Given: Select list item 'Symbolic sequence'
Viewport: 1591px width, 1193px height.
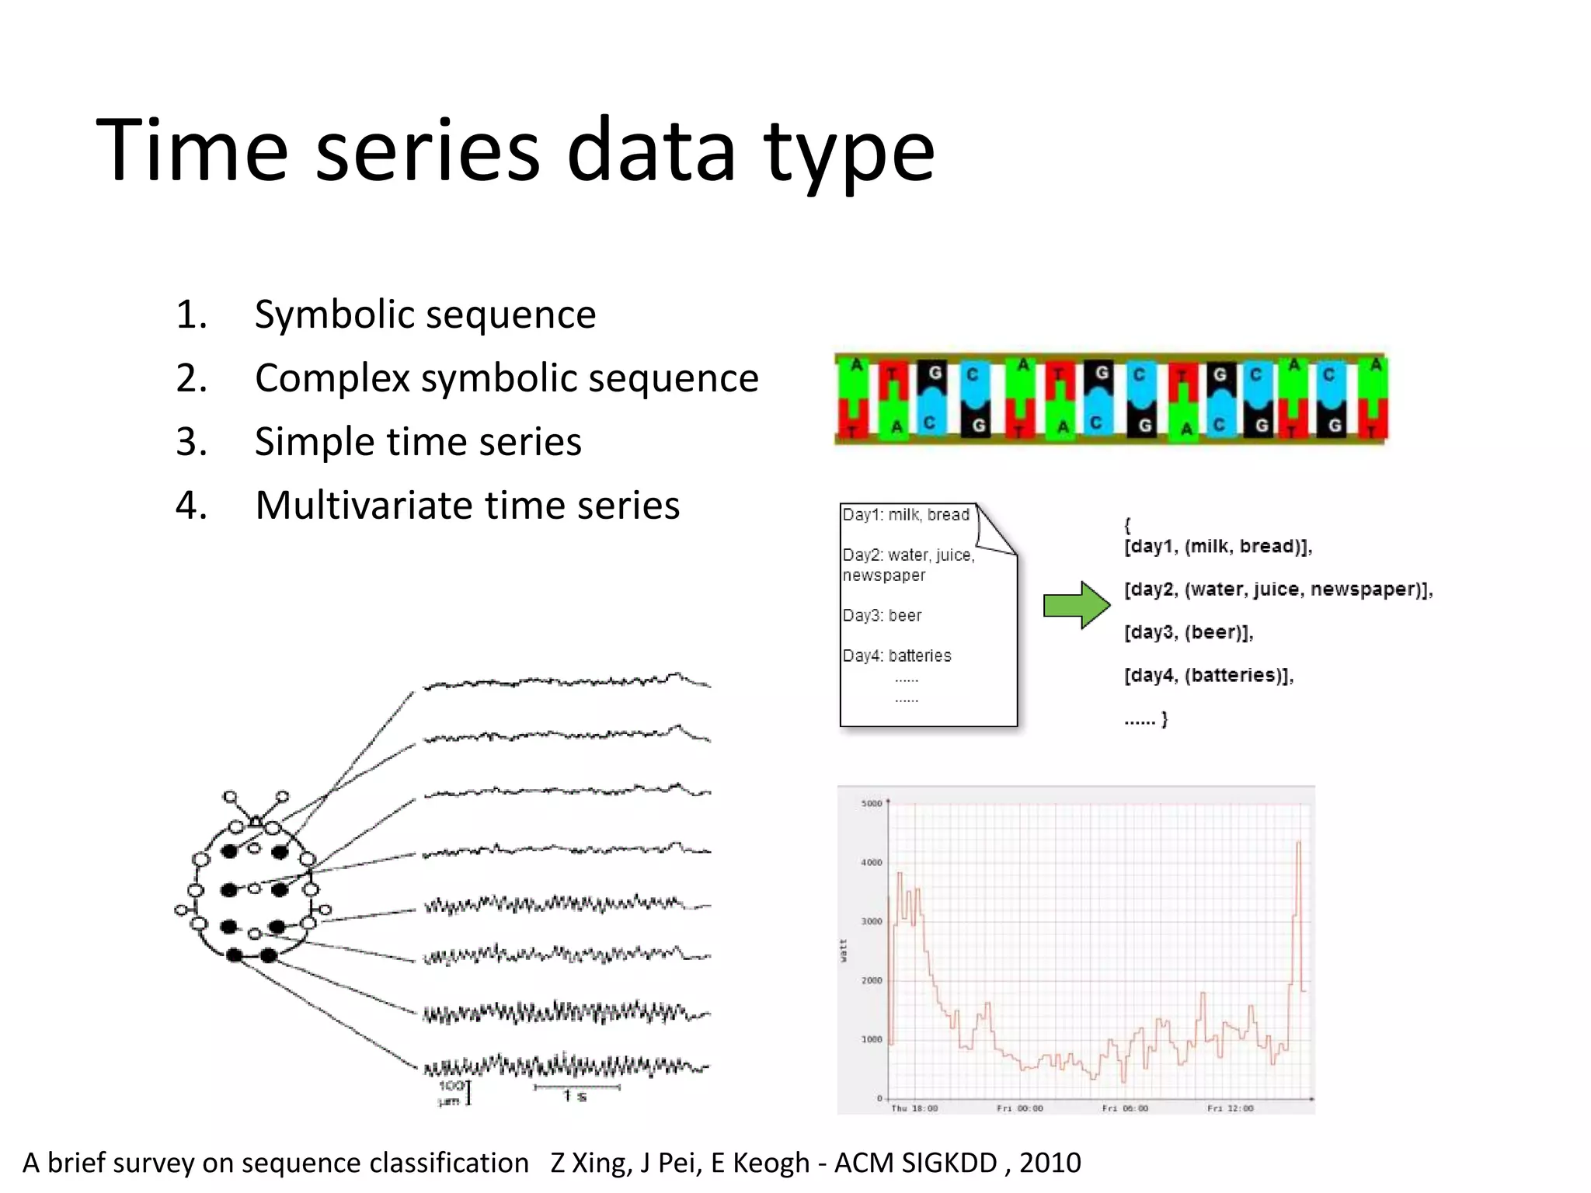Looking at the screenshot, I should (425, 315).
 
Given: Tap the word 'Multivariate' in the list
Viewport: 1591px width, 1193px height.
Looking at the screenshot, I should (371, 506).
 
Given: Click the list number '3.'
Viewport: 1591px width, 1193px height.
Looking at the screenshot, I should (191, 442).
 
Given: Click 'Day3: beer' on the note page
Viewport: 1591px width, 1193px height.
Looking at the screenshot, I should (882, 616).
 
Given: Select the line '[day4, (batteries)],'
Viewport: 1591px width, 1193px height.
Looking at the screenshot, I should (1209, 675).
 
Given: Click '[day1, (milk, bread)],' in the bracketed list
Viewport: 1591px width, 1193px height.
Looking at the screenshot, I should (1218, 547).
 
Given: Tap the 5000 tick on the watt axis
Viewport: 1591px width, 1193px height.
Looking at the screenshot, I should (872, 804).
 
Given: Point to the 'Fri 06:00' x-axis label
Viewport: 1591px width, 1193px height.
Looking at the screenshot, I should (1125, 1108).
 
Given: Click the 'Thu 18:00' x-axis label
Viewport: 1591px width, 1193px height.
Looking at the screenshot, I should (914, 1108).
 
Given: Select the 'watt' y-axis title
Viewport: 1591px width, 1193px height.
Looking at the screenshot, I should (844, 951).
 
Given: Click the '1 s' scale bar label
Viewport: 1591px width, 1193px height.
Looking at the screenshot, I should (576, 1096).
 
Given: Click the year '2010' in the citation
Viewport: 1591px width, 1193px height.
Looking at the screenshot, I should (1050, 1163).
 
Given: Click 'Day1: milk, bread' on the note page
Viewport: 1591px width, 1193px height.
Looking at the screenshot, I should (906, 515).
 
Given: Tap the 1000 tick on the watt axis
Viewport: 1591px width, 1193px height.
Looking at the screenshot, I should (872, 1039).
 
